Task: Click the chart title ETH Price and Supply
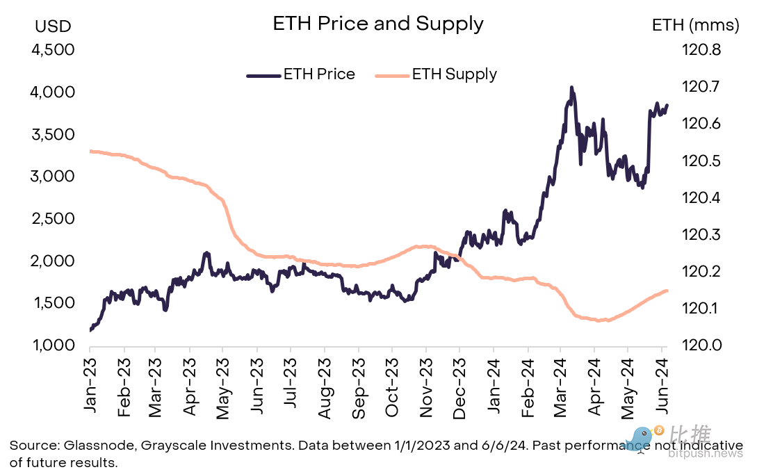click(377, 24)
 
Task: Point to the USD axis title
click(53, 26)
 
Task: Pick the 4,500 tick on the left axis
click(54, 50)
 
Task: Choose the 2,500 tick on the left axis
click(54, 219)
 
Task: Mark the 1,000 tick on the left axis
click(54, 345)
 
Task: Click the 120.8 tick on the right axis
click(702, 50)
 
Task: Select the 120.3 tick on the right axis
click(702, 234)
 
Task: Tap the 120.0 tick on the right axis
click(702, 345)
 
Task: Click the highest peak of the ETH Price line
click(571, 88)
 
